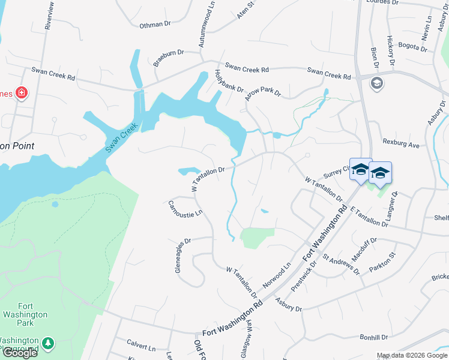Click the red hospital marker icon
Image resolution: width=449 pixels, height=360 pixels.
(21, 92)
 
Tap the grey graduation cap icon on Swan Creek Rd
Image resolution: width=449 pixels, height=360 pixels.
(377, 83)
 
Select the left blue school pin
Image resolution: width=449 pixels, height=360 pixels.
(361, 170)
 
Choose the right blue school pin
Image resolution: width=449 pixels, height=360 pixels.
(379, 173)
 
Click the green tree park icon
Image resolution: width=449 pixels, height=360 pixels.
(47, 344)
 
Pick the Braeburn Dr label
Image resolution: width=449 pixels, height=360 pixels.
(167, 53)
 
